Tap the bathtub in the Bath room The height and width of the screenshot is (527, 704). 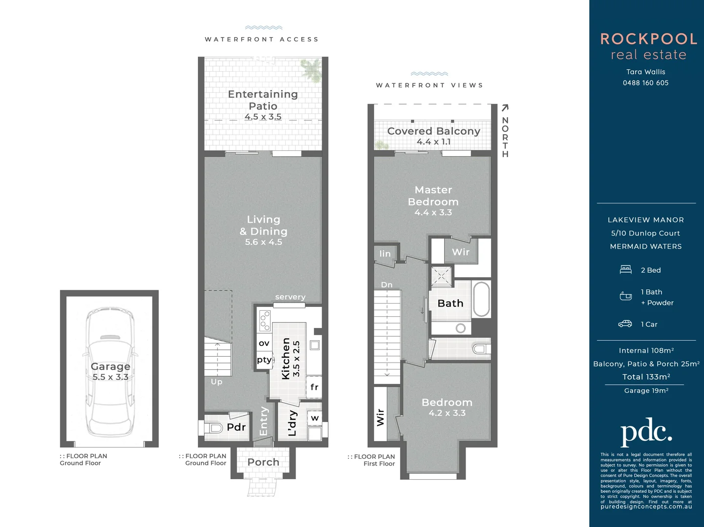click(481, 299)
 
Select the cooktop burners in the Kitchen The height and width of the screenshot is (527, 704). click(265, 321)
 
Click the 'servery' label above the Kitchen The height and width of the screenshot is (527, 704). click(290, 297)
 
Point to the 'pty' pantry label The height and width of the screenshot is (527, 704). click(264, 360)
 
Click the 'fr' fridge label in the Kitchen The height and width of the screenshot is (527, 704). click(314, 387)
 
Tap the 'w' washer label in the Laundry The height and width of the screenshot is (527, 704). click(315, 418)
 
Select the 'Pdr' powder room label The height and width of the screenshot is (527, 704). click(236, 427)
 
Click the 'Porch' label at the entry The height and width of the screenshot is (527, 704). click(263, 462)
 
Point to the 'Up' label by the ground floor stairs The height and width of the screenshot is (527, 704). click(216, 382)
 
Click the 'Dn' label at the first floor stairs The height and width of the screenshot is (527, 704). click(386, 284)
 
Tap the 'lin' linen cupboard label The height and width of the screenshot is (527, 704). click(385, 253)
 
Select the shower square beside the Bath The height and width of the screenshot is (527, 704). click(442, 277)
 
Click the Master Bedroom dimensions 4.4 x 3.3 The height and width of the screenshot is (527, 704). click(433, 212)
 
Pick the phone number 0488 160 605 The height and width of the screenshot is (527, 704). click(645, 83)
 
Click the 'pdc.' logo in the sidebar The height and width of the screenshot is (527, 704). click(646, 431)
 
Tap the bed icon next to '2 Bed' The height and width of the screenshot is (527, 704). click(626, 270)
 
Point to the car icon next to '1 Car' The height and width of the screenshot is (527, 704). click(625, 324)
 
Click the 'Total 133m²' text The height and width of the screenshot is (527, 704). click(646, 377)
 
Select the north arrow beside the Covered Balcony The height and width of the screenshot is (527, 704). click(505, 108)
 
